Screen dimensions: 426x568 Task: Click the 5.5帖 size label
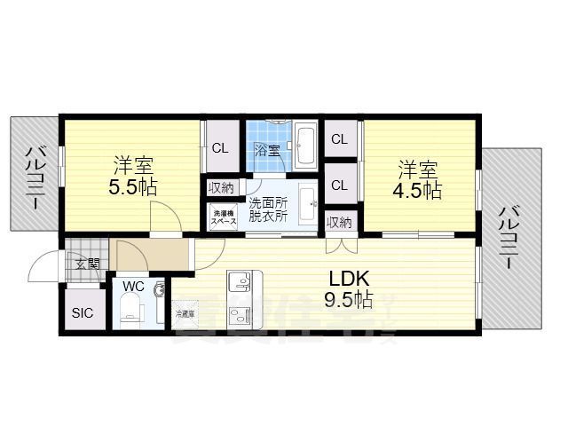(133, 187)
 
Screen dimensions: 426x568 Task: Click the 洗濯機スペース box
(223, 216)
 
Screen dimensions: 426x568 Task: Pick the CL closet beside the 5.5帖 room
(219, 147)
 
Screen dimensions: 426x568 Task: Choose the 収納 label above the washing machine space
(221, 187)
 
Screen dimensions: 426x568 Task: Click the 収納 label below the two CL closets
(339, 222)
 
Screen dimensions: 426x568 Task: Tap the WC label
(134, 287)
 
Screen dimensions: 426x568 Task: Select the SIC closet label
(82, 312)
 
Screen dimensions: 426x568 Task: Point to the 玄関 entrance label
(87, 263)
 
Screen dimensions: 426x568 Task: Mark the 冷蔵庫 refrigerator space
(185, 313)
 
